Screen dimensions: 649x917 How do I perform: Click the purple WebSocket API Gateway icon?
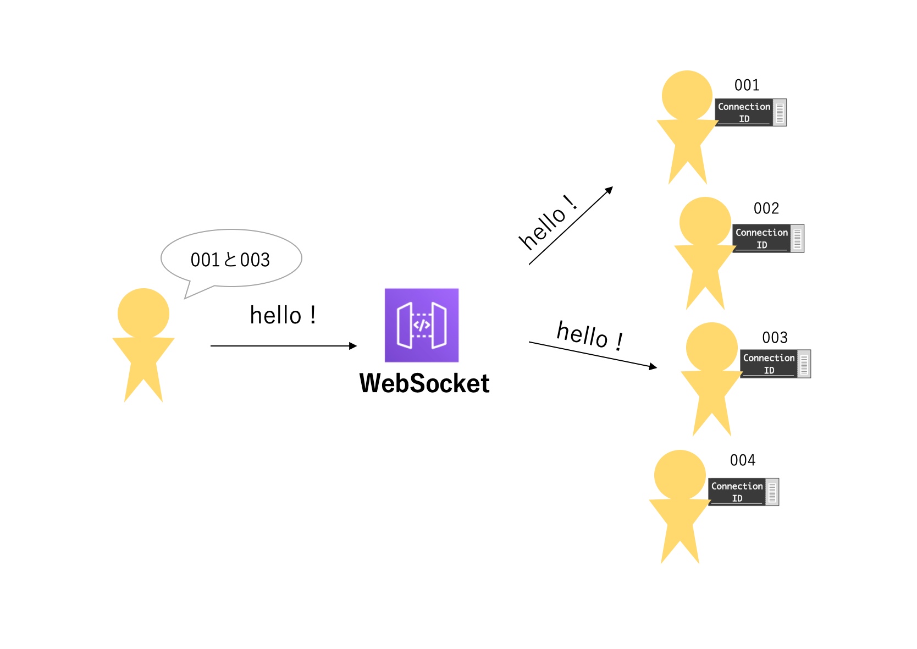421,325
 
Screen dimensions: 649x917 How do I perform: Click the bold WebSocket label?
424,383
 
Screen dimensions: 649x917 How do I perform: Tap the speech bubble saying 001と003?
231,258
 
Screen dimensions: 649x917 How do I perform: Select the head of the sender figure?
143,313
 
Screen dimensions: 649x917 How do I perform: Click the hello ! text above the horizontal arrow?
283,316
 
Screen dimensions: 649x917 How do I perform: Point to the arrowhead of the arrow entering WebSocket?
353,346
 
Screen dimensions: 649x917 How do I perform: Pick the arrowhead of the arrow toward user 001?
609,190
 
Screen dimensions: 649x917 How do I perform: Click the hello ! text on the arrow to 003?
590,335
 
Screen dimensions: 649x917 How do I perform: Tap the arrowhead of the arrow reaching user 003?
653,367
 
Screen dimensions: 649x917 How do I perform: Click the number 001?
747,85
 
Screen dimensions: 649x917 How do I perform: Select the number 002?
766,208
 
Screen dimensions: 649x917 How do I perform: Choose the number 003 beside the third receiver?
775,338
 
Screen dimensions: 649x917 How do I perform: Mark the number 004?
742,460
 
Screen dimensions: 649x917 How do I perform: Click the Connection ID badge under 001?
750,112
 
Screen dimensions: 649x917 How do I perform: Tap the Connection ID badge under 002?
768,239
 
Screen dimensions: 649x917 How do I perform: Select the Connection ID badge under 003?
775,364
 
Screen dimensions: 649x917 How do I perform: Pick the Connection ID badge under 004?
743,492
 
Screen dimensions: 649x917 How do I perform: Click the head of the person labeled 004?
680,475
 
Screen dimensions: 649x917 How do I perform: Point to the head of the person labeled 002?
705,222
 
